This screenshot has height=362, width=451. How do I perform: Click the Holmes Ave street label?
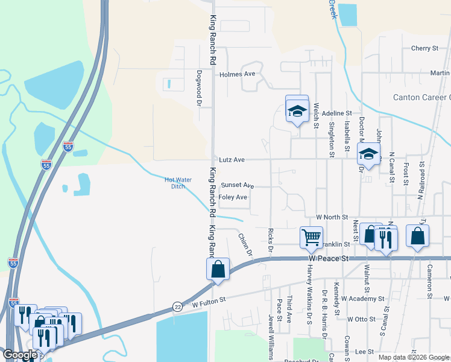point(238,74)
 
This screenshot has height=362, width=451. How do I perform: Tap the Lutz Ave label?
point(231,160)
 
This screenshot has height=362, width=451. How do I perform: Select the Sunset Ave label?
point(237,185)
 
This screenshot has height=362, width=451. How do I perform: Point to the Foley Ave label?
point(233,197)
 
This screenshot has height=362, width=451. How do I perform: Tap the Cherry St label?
point(424,48)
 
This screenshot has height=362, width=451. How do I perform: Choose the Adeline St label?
point(336,113)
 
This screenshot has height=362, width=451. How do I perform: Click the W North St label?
point(332,217)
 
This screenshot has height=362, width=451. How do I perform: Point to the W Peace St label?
point(329,258)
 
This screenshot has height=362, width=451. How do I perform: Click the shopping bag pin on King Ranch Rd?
point(218,268)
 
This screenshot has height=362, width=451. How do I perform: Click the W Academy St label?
point(362,299)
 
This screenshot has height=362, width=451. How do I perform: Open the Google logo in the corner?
point(20,355)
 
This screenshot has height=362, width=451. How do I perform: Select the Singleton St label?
point(331,138)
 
